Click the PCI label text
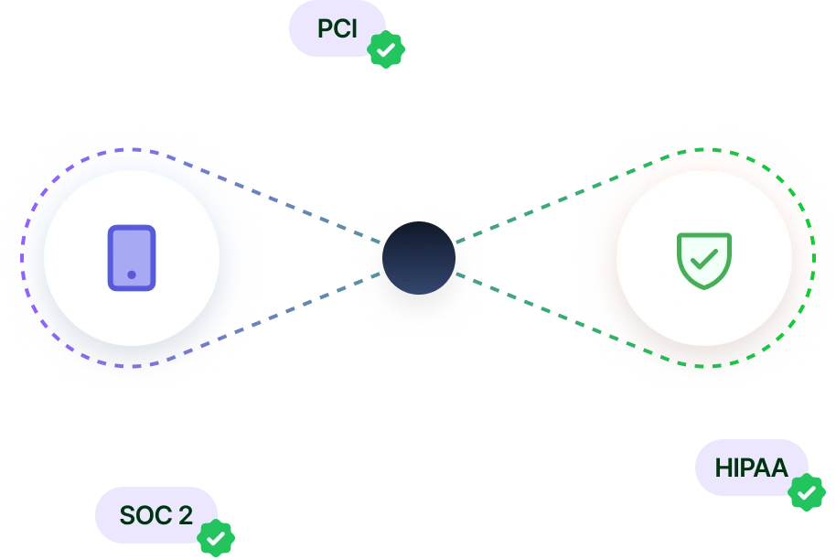point(337,28)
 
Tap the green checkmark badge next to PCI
point(387,49)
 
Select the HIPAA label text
point(751,468)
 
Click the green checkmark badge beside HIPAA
point(806,493)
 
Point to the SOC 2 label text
point(155,515)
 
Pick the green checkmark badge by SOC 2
point(216,539)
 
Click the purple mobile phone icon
point(132,258)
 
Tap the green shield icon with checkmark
point(703,260)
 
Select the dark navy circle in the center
point(419,258)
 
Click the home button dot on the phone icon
point(132,275)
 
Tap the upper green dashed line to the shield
point(526,213)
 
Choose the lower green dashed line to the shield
point(526,304)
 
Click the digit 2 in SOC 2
point(186,515)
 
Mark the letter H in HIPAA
point(723,468)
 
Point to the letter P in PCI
point(325,28)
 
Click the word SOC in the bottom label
point(145,515)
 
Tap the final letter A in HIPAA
point(778,468)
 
